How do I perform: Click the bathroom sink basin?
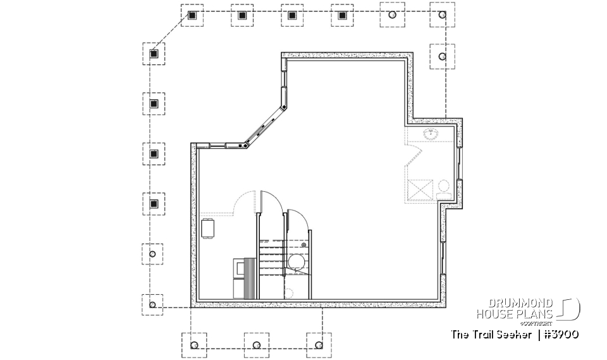pos(432,133)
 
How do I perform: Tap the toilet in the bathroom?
pos(443,186)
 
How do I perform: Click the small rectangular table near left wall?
pos(208,228)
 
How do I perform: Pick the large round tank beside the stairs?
pos(296,261)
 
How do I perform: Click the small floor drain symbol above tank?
pos(304,244)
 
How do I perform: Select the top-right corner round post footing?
pos(441,15)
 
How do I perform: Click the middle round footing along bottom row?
pos(256,345)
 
